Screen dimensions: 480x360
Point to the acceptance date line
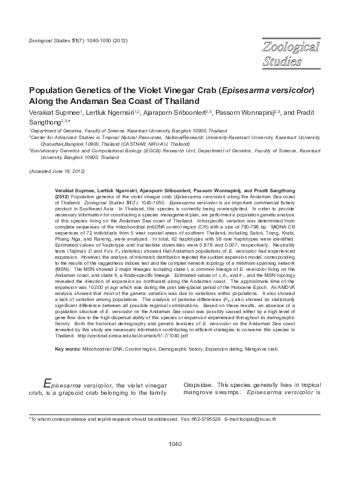pyautogui.click(x=55, y=172)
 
